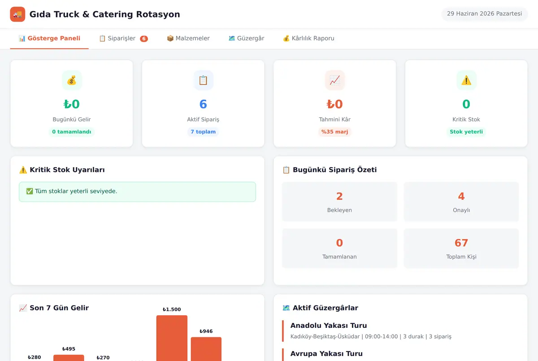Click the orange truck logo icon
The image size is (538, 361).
pos(17,14)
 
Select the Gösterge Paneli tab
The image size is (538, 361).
pos(49,39)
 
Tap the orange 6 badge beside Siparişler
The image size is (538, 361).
pos(144,39)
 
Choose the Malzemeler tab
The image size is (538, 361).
pos(188,39)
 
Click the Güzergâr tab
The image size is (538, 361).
pos(247,39)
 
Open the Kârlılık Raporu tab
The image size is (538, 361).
pos(308,39)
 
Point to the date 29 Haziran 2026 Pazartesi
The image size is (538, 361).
pos(485,14)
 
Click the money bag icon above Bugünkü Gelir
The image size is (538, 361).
pos(72,80)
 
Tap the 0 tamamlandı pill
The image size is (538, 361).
pos(72,132)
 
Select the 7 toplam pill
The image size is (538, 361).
pos(203,132)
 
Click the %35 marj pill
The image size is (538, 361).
pos(334,132)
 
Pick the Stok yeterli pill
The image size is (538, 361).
pos(466,132)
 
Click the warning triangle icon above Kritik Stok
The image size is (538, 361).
pos(466,80)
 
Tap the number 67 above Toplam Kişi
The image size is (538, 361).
pos(461,243)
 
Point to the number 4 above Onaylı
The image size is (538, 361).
pos(461,196)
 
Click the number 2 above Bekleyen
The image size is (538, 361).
pos(339,196)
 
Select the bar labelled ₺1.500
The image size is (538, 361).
pos(172,338)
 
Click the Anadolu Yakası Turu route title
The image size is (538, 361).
pos(329,326)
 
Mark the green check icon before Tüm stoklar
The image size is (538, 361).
pos(30,191)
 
